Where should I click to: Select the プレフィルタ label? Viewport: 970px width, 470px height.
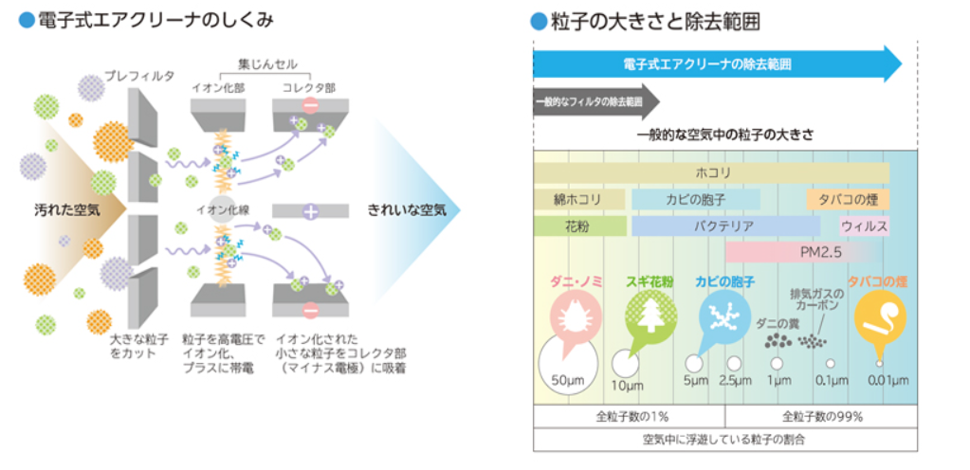point(139,75)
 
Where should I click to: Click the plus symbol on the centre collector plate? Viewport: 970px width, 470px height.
point(310,210)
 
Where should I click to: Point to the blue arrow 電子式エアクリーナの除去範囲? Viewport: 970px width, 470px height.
point(716,64)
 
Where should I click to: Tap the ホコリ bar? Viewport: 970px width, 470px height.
point(711,172)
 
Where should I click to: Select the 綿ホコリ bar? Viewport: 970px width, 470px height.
point(579,200)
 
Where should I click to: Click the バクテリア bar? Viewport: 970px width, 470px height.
point(725,226)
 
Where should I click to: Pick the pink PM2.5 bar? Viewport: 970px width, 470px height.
point(796,252)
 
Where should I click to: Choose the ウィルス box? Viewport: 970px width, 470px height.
point(864,226)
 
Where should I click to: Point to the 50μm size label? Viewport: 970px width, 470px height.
point(568,380)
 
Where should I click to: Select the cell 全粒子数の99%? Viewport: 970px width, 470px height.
point(821,416)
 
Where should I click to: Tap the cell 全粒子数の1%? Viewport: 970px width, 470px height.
point(629,416)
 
